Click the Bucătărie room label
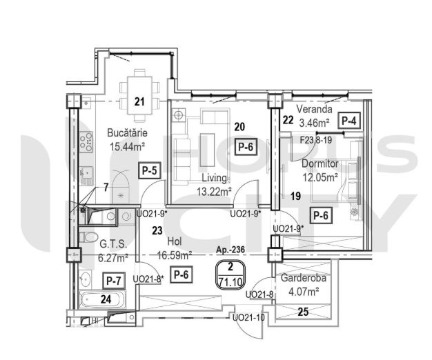127,133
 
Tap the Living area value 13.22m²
214,191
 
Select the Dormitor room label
320,163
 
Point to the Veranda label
315,109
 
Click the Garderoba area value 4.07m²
304,291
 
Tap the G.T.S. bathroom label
113,244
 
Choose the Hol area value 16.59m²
175,256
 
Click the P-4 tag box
349,121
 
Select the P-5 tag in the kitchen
149,170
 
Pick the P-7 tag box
114,281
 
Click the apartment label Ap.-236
230,250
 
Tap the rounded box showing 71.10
230,274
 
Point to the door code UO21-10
248,318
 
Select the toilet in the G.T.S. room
88,237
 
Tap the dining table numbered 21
139,95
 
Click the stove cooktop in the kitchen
86,142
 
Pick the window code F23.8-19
316,140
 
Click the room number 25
303,312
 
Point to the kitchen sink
86,176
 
